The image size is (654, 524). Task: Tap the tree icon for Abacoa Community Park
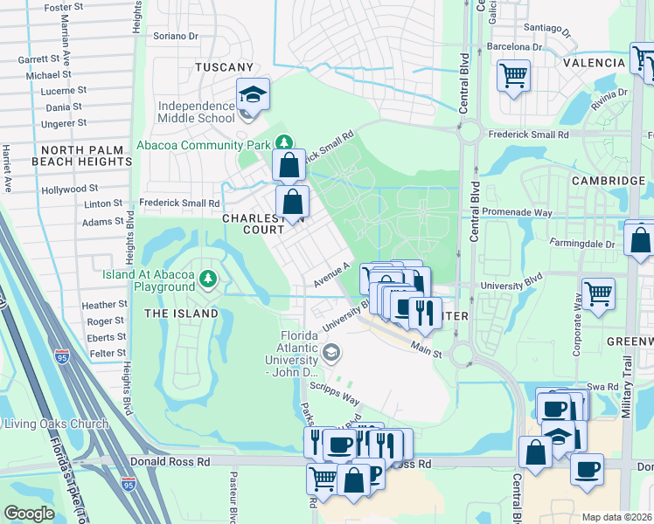tap(283, 141)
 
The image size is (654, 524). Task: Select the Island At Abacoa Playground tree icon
tap(208, 279)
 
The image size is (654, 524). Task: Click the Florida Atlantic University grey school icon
tap(330, 352)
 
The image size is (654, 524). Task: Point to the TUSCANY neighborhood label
tap(224, 67)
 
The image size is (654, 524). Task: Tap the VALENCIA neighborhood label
tap(594, 63)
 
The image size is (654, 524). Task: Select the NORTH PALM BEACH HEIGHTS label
tap(80, 155)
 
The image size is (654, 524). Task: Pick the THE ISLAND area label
tap(181, 314)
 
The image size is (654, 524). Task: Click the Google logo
tap(29, 514)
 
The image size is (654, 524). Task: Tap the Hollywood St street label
tap(69, 189)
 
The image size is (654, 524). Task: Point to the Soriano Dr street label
tap(176, 36)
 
